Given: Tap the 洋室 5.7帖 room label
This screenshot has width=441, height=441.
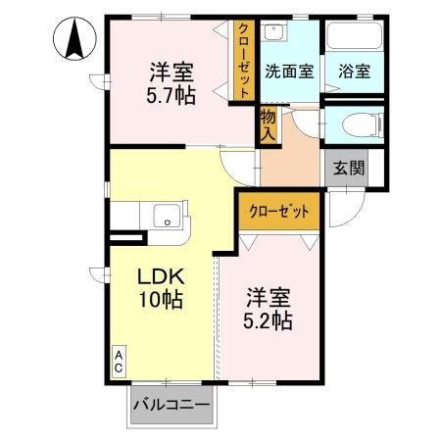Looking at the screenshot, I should pyautogui.click(x=171, y=85).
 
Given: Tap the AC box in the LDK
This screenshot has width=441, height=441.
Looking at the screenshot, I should pyautogui.click(x=118, y=359).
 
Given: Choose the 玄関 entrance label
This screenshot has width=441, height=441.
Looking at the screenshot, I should pyautogui.click(x=347, y=168).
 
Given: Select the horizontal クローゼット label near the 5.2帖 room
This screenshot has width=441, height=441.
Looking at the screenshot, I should pyautogui.click(x=279, y=212).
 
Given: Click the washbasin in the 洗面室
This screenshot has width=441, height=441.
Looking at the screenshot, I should pyautogui.click(x=276, y=33).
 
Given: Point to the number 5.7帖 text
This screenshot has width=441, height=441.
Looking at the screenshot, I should pyautogui.click(x=171, y=97).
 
